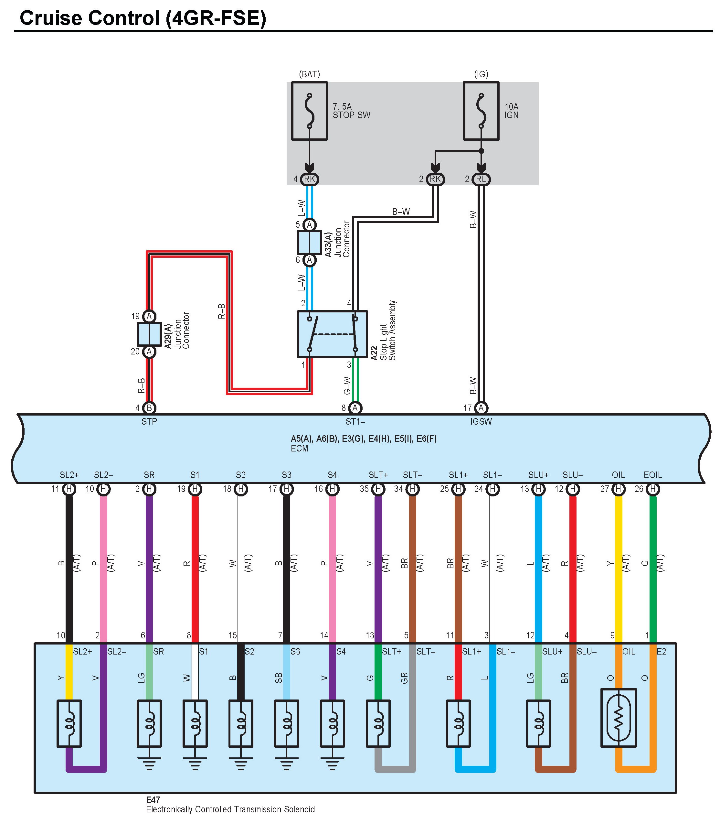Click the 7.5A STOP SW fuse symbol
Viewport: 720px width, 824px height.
(309, 111)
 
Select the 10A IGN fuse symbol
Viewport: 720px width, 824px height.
(481, 111)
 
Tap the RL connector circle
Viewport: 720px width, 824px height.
(481, 179)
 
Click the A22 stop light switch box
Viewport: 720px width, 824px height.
(332, 334)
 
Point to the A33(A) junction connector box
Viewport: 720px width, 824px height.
(309, 243)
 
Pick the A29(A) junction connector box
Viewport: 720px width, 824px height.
(149, 334)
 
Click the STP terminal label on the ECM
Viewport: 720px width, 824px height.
(149, 421)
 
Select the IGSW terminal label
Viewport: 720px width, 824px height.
(481, 421)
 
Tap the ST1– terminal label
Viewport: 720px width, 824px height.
(355, 421)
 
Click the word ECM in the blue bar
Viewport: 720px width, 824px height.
(299, 449)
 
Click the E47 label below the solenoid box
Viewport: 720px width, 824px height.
(153, 800)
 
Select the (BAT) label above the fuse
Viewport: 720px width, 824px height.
(309, 74)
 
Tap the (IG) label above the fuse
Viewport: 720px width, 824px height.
(481, 74)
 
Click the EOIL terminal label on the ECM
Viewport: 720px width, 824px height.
(652, 475)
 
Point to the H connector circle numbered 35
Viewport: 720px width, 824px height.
(378, 489)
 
